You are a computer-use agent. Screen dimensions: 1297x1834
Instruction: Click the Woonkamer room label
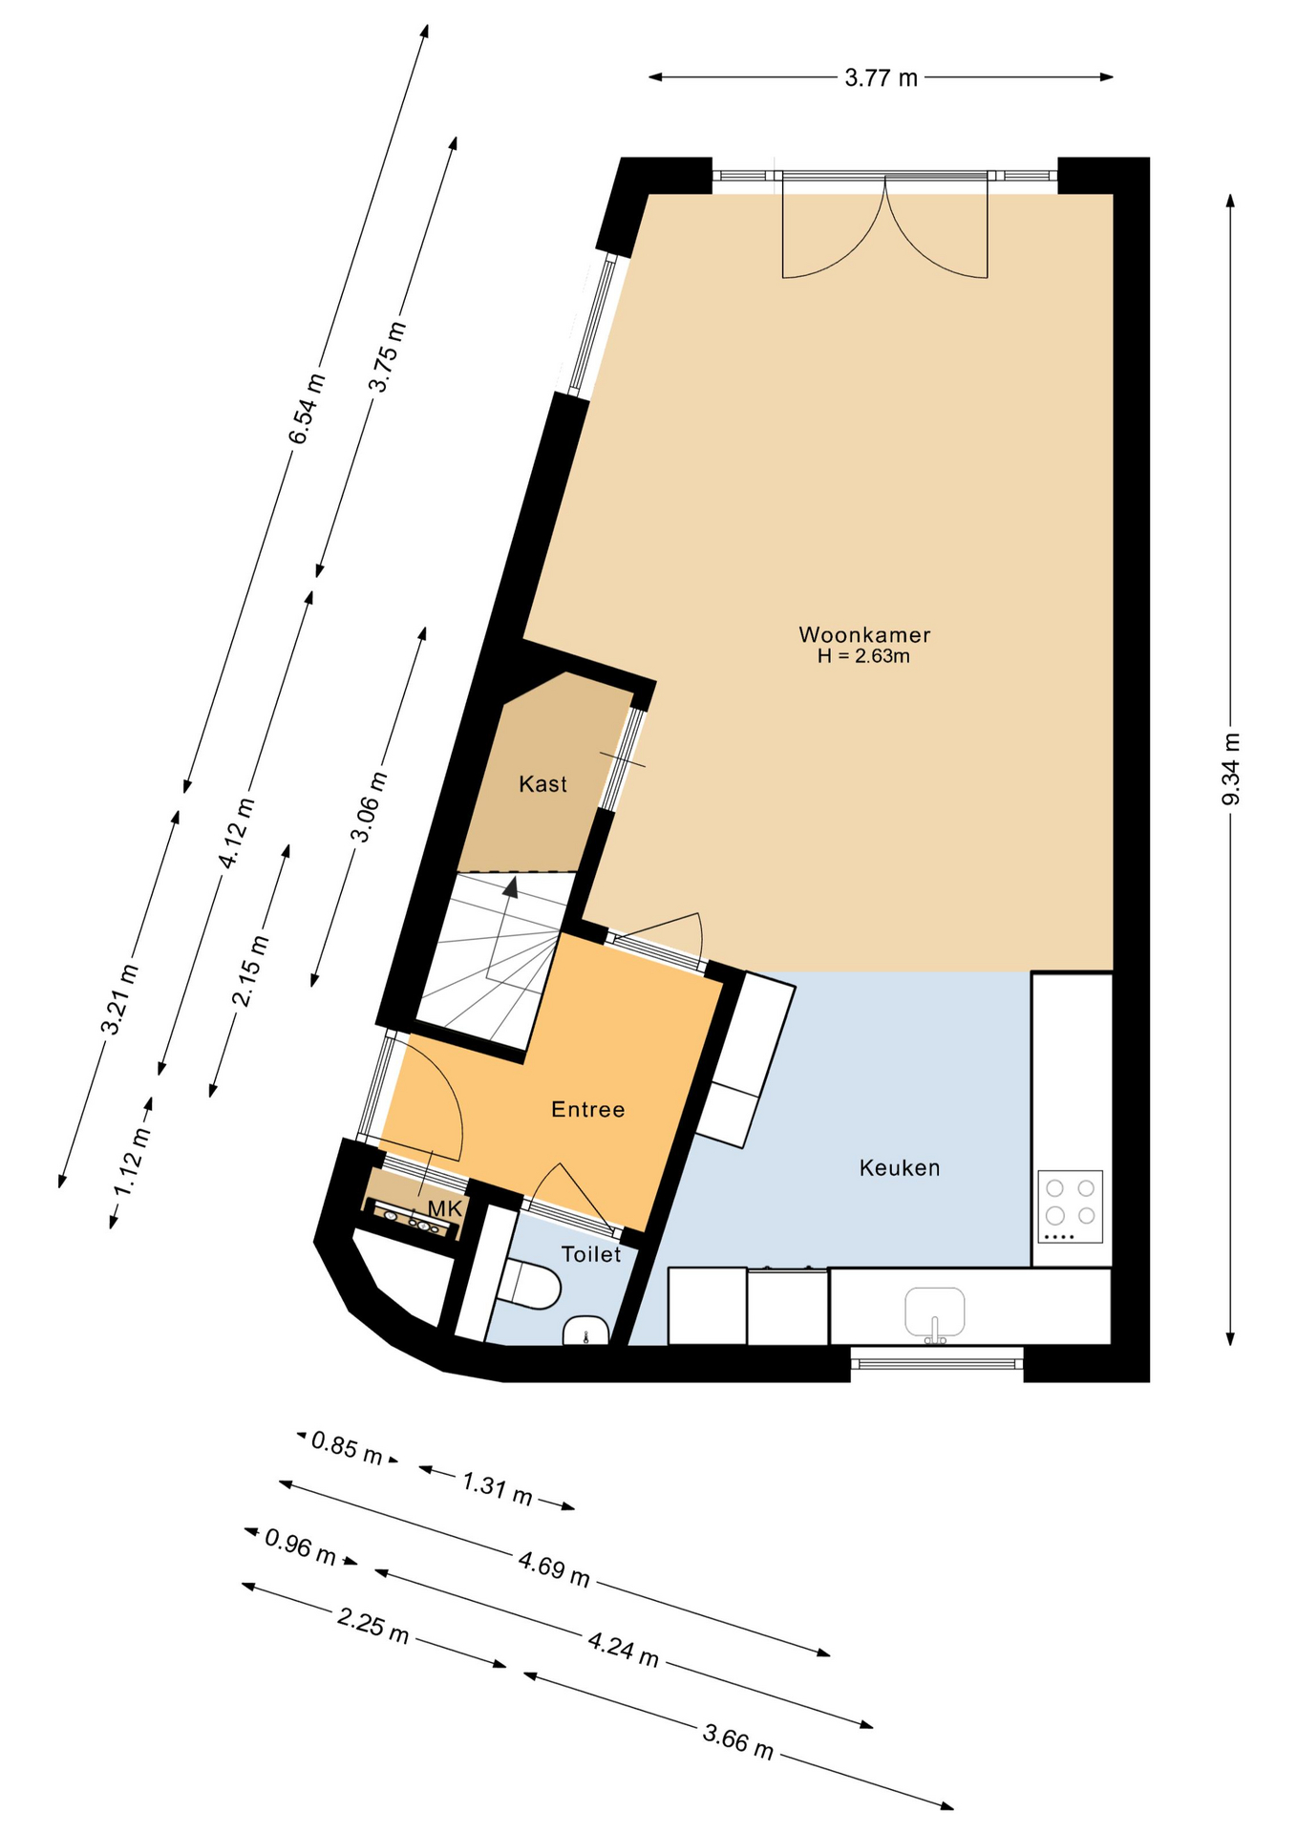click(x=864, y=634)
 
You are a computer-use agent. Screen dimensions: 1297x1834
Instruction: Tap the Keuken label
click(x=900, y=1167)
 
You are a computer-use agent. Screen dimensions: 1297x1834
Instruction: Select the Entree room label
click(x=588, y=1109)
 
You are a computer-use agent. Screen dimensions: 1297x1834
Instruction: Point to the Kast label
click(x=542, y=784)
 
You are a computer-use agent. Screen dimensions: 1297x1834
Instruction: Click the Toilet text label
click(x=591, y=1254)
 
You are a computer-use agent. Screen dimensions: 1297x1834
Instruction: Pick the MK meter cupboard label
click(x=445, y=1209)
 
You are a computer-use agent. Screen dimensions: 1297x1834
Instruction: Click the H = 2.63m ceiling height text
click(x=863, y=656)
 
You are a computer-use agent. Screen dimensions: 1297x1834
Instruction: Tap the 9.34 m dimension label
click(x=1231, y=769)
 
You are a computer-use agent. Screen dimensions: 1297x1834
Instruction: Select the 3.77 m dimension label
click(x=881, y=78)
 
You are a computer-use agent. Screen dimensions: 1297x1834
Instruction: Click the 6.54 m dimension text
click(x=307, y=408)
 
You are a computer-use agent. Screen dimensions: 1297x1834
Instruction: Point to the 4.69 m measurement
click(x=554, y=1568)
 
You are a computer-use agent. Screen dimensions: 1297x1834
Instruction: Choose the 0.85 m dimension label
click(x=347, y=1448)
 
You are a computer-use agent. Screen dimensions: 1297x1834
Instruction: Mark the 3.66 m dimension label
click(x=738, y=1740)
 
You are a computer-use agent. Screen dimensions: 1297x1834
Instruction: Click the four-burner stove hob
click(x=1070, y=1205)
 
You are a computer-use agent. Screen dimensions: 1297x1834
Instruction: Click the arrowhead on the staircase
click(x=511, y=887)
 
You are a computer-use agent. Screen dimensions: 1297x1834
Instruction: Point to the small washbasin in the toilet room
click(x=586, y=1330)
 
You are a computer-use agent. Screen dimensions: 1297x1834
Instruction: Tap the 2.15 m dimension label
click(x=250, y=970)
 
